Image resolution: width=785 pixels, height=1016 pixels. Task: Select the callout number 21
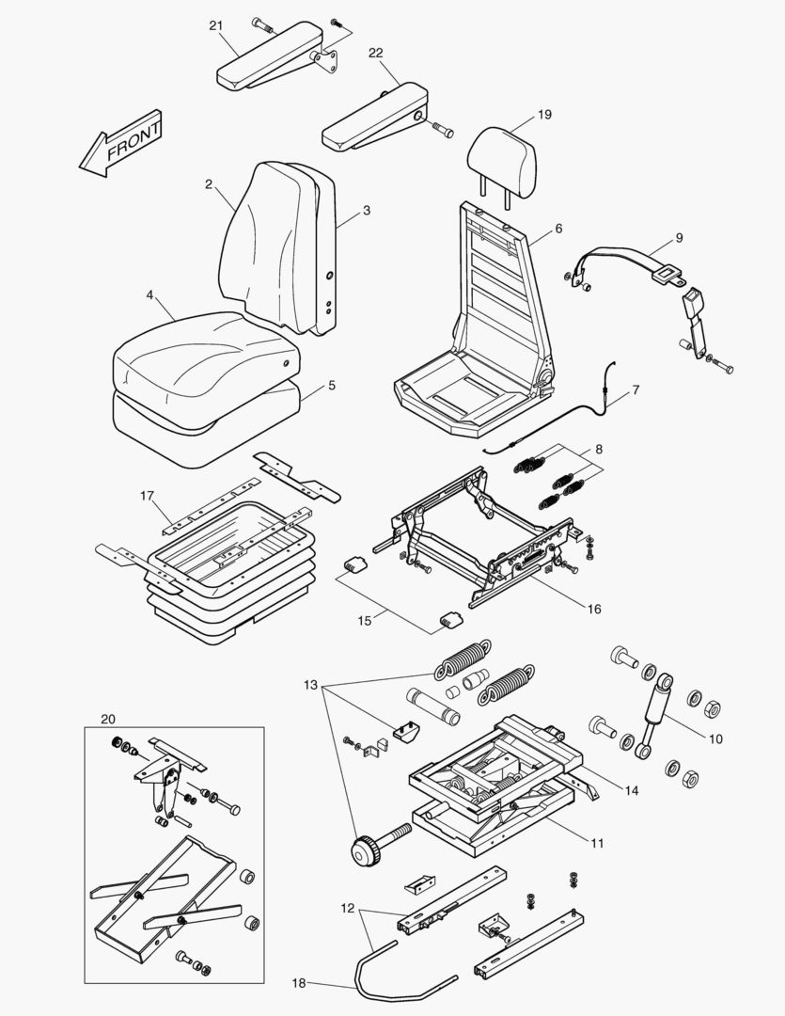point(215,24)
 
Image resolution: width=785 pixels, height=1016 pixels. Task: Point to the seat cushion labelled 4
point(202,353)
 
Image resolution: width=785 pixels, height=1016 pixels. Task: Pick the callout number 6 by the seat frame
point(558,229)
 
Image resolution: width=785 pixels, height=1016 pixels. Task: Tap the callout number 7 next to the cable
point(636,389)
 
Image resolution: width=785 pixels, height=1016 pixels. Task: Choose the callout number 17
point(147,495)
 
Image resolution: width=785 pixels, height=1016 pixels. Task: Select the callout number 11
point(597,843)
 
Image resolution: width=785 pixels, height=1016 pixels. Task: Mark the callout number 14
point(631,791)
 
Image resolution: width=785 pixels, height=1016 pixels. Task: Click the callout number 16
point(593,609)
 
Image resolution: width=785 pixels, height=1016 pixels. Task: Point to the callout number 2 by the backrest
point(208,183)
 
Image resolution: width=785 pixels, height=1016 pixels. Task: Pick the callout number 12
point(348,910)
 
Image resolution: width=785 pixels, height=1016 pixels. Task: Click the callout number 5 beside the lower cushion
point(331,385)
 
